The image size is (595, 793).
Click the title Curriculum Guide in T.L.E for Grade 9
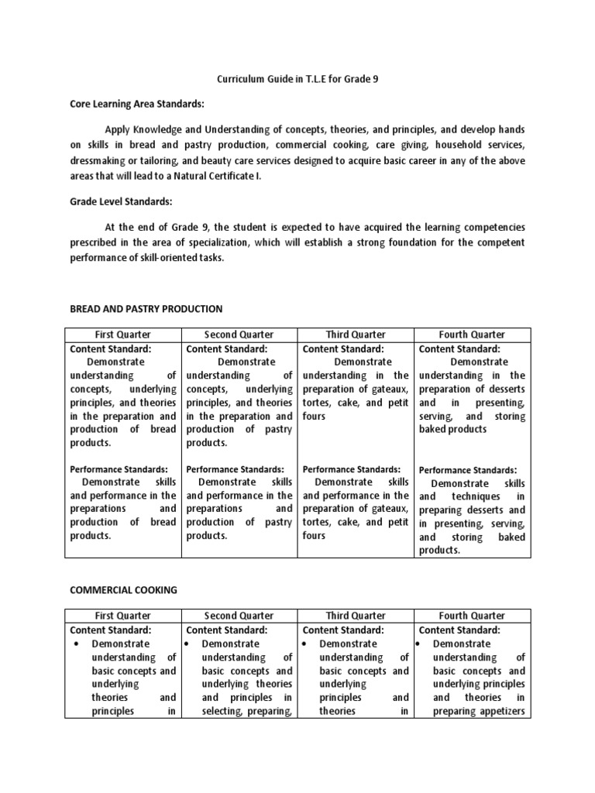point(297,79)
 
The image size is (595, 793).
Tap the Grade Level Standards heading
point(121,201)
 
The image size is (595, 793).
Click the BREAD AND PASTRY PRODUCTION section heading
point(146,308)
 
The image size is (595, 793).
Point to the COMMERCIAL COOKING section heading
point(124,589)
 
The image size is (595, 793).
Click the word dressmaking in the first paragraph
point(98,160)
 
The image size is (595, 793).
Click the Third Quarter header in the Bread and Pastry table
point(356,335)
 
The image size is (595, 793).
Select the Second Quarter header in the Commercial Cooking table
point(239,616)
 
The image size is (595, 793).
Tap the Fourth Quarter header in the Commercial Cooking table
point(472,616)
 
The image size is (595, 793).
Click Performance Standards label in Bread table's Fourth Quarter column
point(467,470)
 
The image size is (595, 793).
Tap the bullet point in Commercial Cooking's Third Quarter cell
point(307,644)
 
